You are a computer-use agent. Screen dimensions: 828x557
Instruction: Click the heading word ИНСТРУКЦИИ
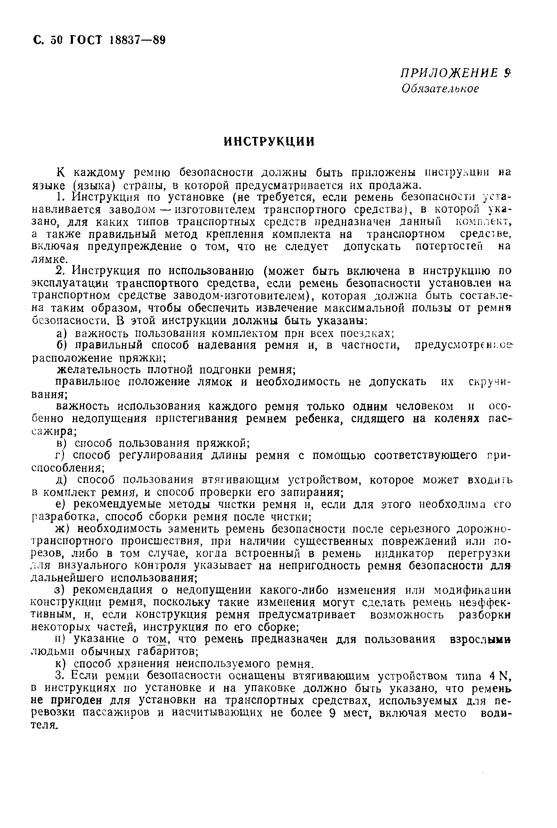click(x=269, y=142)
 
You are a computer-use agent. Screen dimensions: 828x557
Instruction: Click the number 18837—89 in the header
click(x=138, y=41)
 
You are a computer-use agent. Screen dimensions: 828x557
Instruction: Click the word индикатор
click(x=404, y=554)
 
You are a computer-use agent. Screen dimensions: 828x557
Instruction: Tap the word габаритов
click(x=165, y=651)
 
